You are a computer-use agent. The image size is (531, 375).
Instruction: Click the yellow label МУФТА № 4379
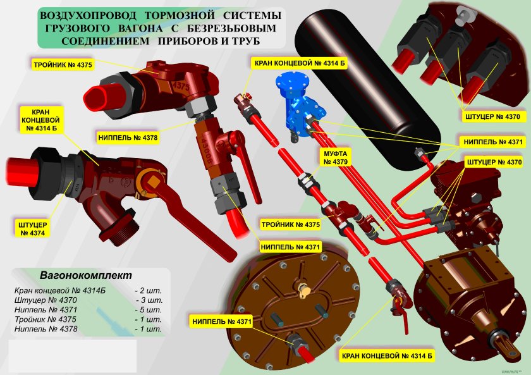(336, 158)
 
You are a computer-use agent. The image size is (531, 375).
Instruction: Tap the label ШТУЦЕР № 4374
(32, 228)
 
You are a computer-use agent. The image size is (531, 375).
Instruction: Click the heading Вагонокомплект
(86, 276)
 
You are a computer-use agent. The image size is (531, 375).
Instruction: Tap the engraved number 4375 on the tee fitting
(181, 84)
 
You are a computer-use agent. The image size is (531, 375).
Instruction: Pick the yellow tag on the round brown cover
(306, 292)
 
